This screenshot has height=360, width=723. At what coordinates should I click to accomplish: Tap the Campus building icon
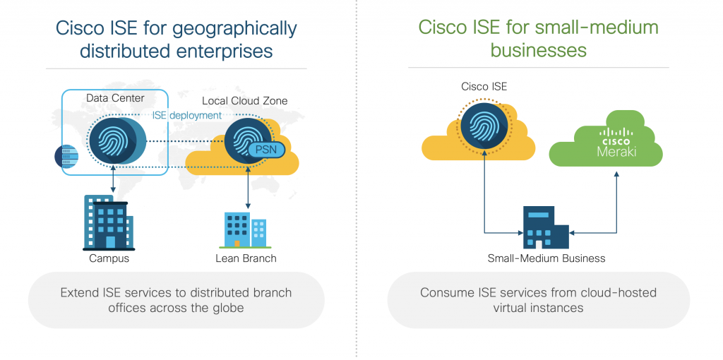point(109,222)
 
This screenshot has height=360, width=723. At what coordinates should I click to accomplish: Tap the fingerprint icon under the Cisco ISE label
point(484,125)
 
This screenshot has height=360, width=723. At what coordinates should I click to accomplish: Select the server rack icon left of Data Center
point(66,155)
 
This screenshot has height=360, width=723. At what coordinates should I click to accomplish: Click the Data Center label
point(115,97)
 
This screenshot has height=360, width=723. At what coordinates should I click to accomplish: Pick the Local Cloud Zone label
point(244,101)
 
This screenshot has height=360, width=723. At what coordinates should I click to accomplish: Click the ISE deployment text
point(186,115)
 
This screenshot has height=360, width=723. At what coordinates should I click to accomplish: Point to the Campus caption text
point(109,258)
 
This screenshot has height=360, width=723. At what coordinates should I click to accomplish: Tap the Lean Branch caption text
point(246,258)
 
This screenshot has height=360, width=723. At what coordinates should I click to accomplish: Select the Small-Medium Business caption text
point(546,258)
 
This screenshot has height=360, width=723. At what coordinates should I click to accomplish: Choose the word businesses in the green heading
point(538,50)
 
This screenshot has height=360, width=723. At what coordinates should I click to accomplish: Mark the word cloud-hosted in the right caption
point(621,292)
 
